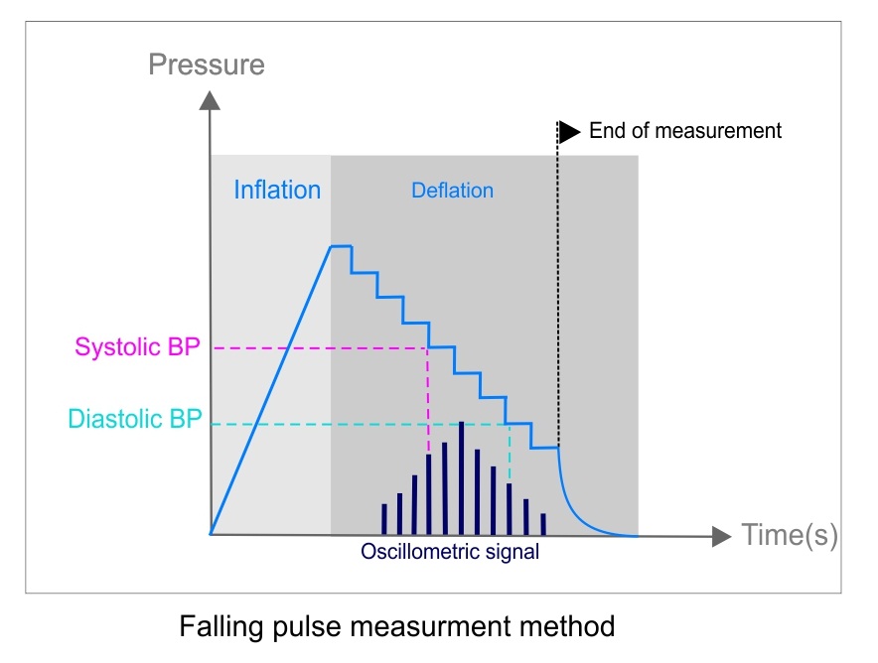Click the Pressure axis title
pos(207,66)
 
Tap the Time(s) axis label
pos(790,536)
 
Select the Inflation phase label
pos(277,190)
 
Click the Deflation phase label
pos(452,190)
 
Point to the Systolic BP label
pos(137,347)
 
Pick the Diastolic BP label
pos(135,419)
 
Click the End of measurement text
pos(685,131)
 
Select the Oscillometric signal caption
pos(451,552)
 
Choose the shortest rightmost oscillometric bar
pos(543,523)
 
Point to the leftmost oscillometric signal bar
pos(383,519)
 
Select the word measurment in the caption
pos(445,626)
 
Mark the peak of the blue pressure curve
pos(340,245)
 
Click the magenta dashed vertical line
pos(428,397)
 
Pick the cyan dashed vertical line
pos(510,453)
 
